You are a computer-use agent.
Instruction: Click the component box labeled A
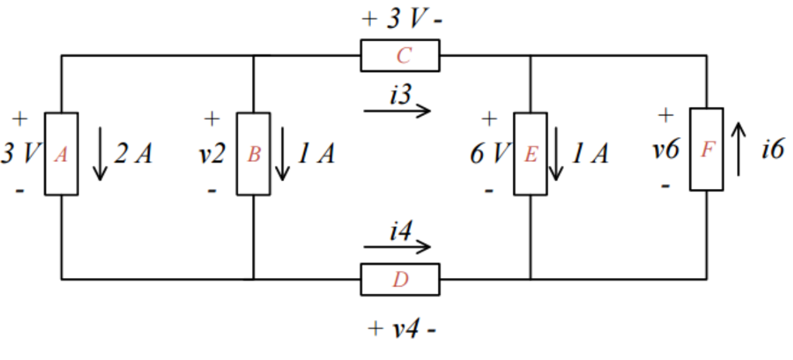[61, 154]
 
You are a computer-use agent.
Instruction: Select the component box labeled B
[253, 154]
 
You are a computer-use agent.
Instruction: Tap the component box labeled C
[400, 56]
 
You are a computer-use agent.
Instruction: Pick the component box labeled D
[400, 279]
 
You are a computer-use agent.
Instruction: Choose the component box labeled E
[530, 154]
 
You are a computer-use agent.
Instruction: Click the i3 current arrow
[396, 111]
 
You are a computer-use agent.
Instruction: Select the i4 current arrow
[396, 248]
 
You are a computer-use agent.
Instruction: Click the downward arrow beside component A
[99, 154]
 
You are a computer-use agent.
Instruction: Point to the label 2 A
[133, 154]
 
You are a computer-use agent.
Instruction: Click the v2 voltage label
[211, 153]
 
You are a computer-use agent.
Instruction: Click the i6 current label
[771, 149]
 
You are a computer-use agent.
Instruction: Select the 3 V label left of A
[19, 153]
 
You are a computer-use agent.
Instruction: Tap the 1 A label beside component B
[316, 154]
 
